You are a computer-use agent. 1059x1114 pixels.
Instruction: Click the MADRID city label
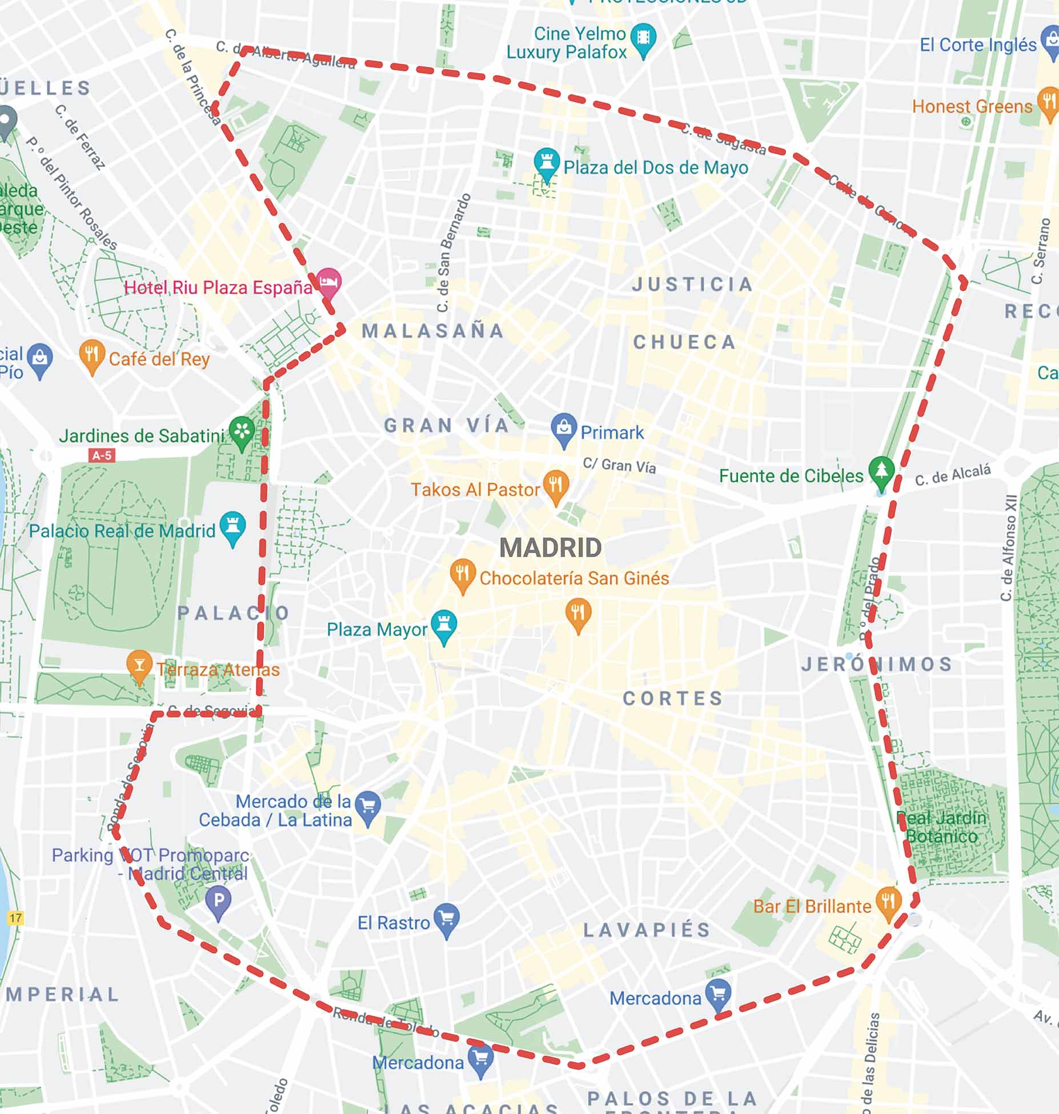tap(550, 548)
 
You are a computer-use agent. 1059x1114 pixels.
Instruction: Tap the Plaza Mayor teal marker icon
tap(444, 625)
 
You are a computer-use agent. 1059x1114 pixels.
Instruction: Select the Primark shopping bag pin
tap(564, 429)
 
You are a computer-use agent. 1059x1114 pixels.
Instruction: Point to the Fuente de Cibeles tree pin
tap(881, 472)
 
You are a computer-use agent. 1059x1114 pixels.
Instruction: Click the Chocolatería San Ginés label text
tap(574, 578)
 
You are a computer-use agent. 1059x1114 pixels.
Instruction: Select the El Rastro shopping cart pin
tap(447, 919)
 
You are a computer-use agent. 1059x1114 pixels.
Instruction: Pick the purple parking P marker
tap(218, 901)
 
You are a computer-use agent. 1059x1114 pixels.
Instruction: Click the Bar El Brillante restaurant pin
tap(888, 903)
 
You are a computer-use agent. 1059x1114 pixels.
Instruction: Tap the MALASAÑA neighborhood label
tap(433, 331)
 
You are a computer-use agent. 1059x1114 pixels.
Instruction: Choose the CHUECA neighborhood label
tap(684, 342)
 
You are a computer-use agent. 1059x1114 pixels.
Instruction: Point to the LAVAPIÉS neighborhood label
tap(647, 930)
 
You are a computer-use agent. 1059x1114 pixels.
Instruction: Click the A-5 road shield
tap(102, 455)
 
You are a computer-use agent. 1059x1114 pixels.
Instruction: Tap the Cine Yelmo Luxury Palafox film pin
tap(644, 39)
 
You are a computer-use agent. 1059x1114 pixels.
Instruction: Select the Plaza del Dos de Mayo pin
tap(547, 163)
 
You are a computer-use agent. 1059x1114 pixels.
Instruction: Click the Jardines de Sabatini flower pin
tap(242, 432)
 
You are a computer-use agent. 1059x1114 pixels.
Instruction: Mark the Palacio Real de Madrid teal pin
tap(232, 527)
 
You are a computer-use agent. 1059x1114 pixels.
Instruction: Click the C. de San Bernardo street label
tap(454, 253)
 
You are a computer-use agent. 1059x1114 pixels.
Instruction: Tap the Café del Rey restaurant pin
tap(91, 355)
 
